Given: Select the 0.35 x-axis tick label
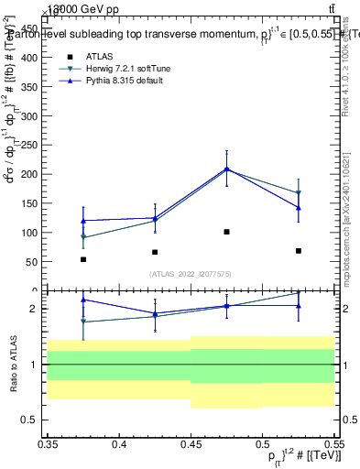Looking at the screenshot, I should [x=47, y=444].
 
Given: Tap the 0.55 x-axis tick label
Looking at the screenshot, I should [x=333, y=444].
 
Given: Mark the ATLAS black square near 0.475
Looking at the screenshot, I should [x=226, y=232].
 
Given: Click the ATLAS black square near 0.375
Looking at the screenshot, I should [x=83, y=259].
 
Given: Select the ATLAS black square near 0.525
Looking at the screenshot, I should [x=298, y=250].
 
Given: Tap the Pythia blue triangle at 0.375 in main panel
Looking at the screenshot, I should [x=83, y=220].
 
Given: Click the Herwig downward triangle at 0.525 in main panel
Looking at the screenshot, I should [x=298, y=193].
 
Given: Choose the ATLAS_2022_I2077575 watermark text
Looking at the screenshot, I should [x=191, y=273].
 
